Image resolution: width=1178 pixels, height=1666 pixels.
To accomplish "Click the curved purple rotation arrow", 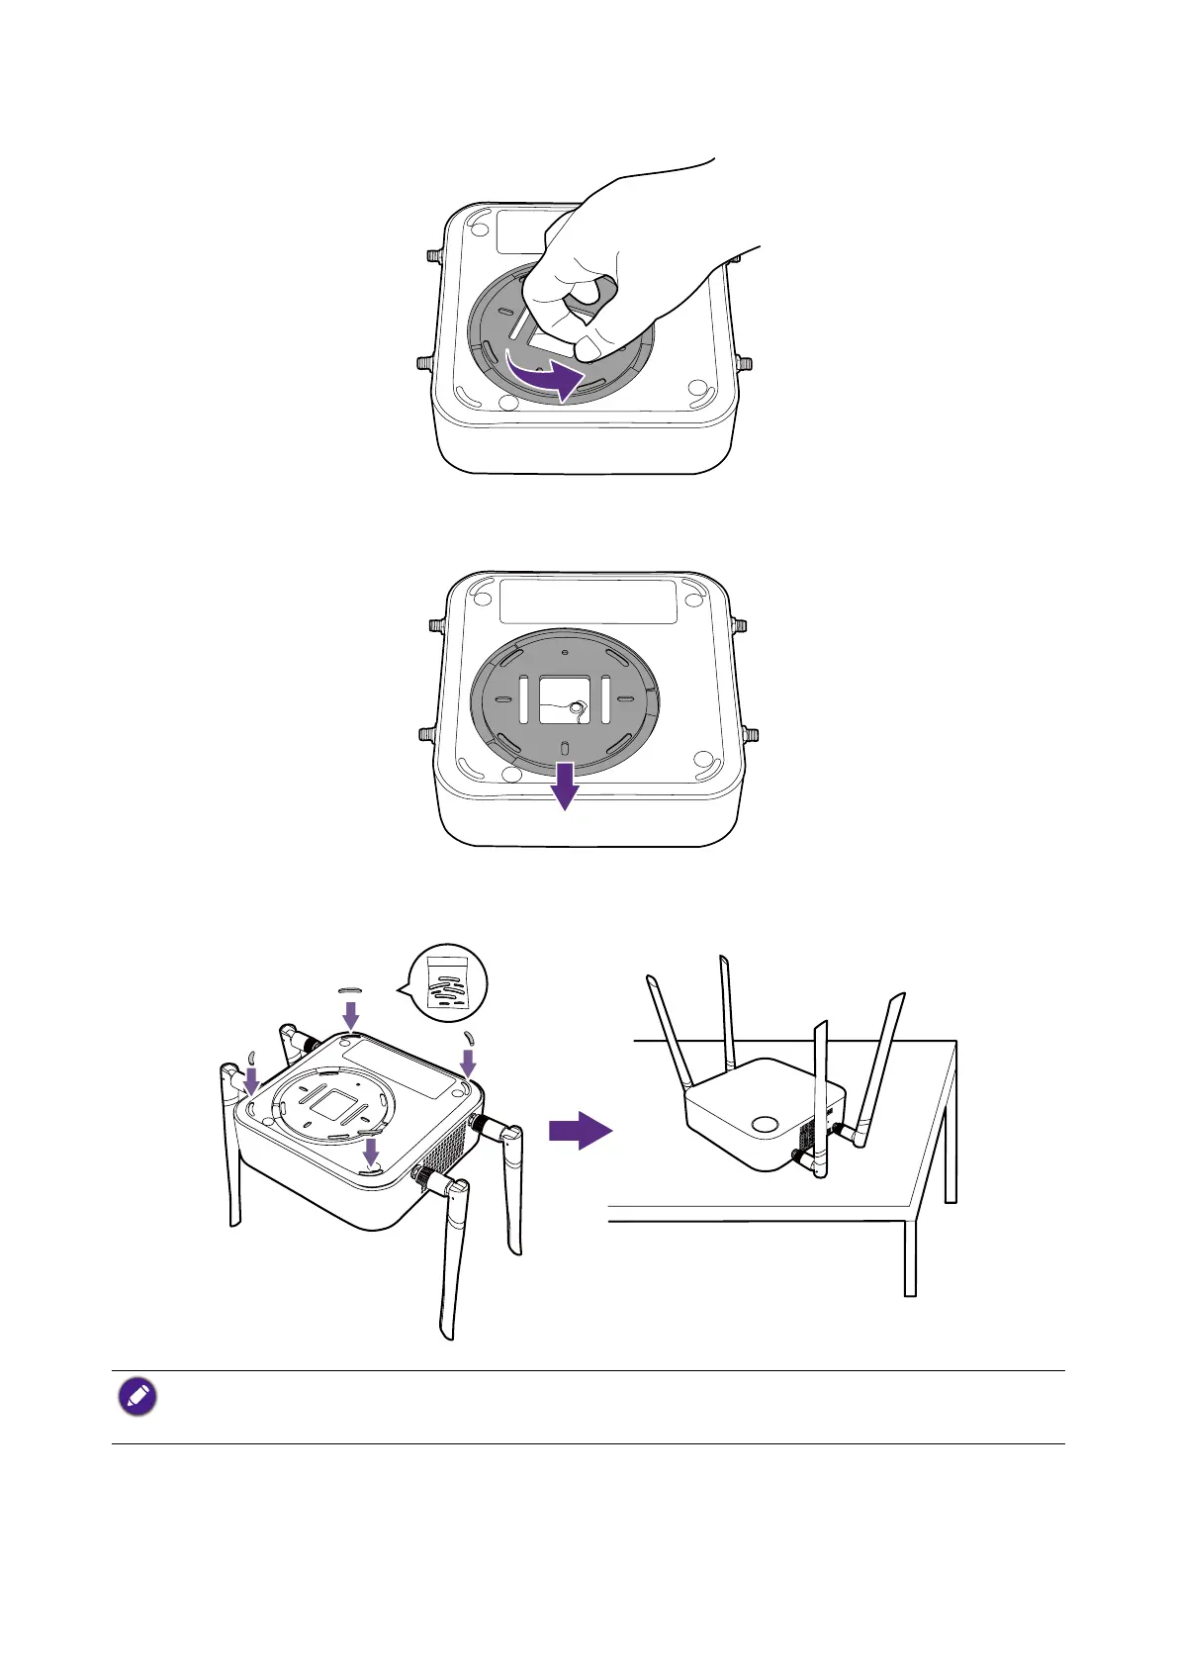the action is click(545, 376).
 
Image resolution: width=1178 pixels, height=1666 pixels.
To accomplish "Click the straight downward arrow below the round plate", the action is click(564, 785).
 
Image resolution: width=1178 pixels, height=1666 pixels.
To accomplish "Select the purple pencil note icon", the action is click(137, 1397).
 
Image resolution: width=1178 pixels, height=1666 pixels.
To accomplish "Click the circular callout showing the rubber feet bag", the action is click(448, 981).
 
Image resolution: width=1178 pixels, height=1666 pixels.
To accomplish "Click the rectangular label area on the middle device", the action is click(588, 602).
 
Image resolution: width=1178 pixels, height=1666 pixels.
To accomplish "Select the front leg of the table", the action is click(909, 1256).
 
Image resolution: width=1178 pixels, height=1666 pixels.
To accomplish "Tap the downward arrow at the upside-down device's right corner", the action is click(469, 1063).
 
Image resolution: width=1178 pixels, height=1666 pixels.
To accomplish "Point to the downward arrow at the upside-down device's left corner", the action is click(251, 1079).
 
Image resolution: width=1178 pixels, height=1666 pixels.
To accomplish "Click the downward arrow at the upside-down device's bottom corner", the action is click(371, 1151).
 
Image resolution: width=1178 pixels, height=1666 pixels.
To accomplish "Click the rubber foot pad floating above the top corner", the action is click(351, 987).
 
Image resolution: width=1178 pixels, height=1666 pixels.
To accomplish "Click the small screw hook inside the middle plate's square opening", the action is click(579, 706).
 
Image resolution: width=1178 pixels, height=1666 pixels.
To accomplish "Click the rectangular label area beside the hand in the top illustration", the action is click(519, 231).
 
